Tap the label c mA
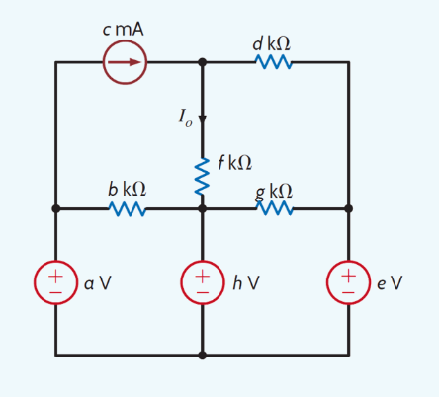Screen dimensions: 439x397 click(x=123, y=30)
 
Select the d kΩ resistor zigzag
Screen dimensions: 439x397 click(x=274, y=62)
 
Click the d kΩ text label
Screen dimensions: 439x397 click(x=271, y=43)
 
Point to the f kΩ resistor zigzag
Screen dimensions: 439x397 click(x=202, y=176)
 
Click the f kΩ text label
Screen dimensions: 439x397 click(x=235, y=162)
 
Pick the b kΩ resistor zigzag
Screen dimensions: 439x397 click(x=128, y=209)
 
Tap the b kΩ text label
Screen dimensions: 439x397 click(x=127, y=189)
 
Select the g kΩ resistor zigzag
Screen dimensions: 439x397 click(x=274, y=208)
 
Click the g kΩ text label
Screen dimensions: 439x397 click(x=274, y=192)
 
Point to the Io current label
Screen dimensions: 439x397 click(x=185, y=118)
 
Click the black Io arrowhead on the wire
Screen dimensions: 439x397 click(x=202, y=120)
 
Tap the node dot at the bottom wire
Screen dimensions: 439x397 click(x=203, y=356)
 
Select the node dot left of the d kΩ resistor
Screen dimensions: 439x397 click(x=203, y=62)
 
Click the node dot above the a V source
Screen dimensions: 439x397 click(x=56, y=208)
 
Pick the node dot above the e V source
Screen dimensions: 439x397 click(x=349, y=208)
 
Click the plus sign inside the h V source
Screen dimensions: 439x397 click(x=203, y=276)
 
